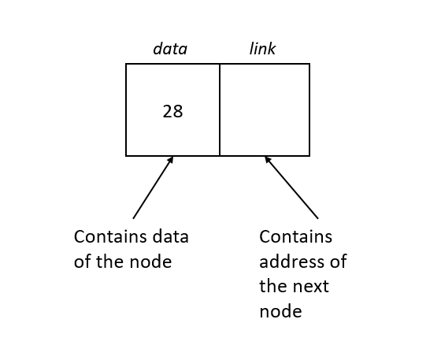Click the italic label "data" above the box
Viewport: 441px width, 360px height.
point(170,49)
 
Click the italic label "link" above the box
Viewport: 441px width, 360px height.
point(262,49)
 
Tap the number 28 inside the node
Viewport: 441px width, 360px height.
point(172,112)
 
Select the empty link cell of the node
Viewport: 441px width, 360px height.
point(265,109)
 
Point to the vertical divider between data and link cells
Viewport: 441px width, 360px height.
point(220,109)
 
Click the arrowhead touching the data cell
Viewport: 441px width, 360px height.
point(170,160)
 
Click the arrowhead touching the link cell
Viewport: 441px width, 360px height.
point(268,160)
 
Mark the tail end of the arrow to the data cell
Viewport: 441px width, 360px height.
point(134,217)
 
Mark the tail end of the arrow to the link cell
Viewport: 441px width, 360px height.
point(317,217)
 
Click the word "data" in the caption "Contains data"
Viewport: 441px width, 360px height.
point(169,237)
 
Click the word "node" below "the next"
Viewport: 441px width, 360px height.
point(280,311)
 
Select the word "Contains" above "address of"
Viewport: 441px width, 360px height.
point(295,237)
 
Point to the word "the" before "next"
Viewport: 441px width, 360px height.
point(272,286)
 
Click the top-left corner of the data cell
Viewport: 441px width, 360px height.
point(127,65)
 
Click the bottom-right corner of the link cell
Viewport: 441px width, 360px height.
point(309,155)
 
